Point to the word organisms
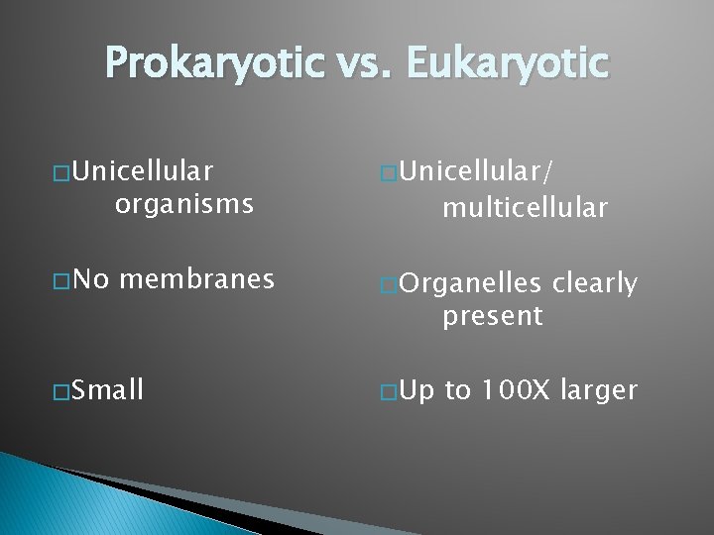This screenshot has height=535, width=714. (184, 205)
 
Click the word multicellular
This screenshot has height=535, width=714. (526, 207)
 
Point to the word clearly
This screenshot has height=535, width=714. (595, 285)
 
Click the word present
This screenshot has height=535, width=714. (493, 317)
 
